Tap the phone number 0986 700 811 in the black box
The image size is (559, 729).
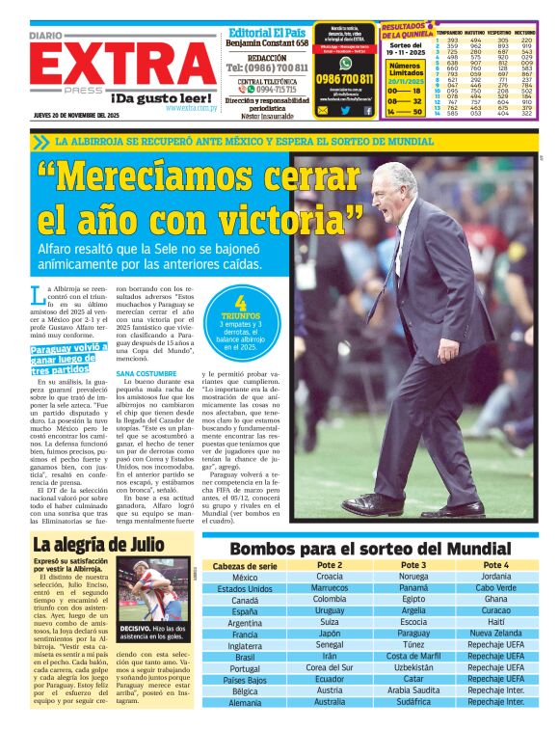[x=344, y=79]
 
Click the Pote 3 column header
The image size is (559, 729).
[x=413, y=565]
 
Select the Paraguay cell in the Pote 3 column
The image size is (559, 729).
[x=413, y=634]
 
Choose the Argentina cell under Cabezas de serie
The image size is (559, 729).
[x=245, y=623]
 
